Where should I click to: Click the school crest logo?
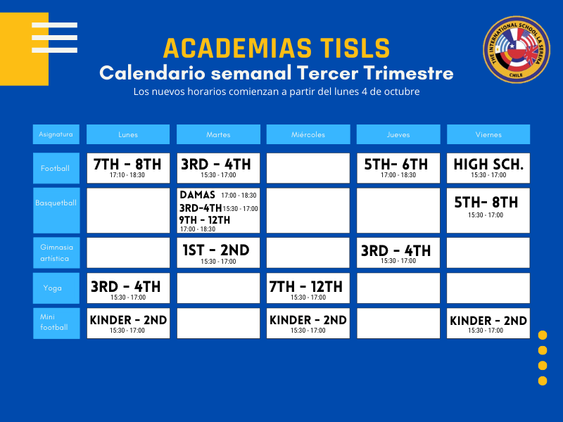[517, 49]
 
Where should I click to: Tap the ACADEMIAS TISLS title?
[277, 49]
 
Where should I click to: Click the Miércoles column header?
[308, 134]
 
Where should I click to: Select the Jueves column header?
[398, 134]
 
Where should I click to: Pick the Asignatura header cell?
[56, 134]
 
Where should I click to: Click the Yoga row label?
[56, 288]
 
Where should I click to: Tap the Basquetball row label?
[56, 210]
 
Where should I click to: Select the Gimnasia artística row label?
[56, 252]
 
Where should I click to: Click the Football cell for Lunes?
[128, 168]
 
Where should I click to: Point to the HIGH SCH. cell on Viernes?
[488, 168]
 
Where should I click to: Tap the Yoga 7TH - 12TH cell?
[308, 288]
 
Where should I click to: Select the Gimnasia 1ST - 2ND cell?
[218, 252]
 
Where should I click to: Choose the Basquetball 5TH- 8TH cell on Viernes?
[488, 210]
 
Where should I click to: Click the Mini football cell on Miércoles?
[308, 323]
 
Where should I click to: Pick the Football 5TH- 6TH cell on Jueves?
[398, 168]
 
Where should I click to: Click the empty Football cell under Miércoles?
[308, 168]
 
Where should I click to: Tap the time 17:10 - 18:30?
[127, 175]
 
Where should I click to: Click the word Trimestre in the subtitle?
[409, 73]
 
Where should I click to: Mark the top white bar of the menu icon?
[55, 25]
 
